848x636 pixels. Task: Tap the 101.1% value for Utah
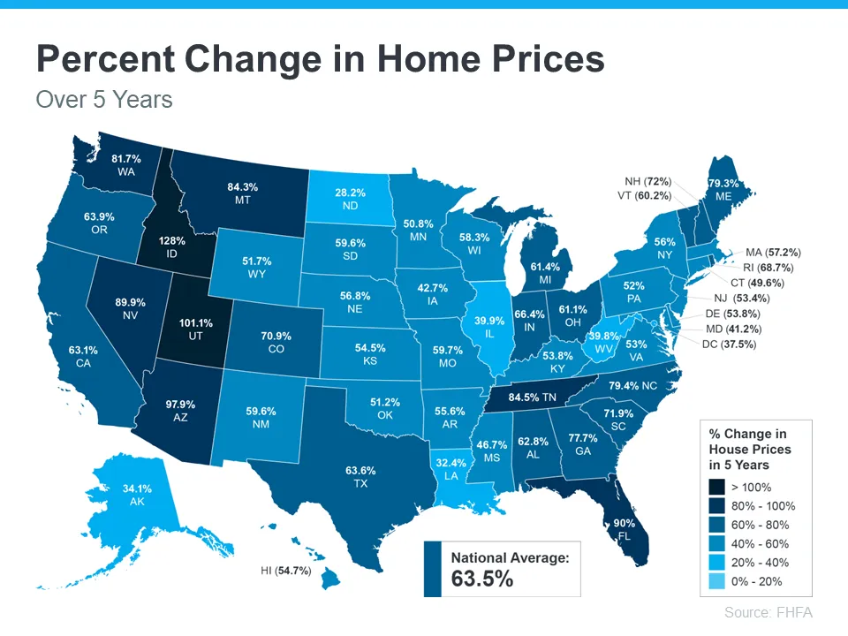(x=195, y=323)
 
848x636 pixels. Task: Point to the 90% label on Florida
(x=625, y=523)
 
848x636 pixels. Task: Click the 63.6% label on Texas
(x=360, y=471)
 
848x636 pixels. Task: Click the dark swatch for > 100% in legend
(x=718, y=487)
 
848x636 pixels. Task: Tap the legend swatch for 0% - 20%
(x=718, y=580)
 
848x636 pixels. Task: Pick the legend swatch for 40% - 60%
(x=718, y=543)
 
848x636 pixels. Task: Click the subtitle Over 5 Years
(x=104, y=99)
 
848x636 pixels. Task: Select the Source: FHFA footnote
(x=768, y=612)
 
